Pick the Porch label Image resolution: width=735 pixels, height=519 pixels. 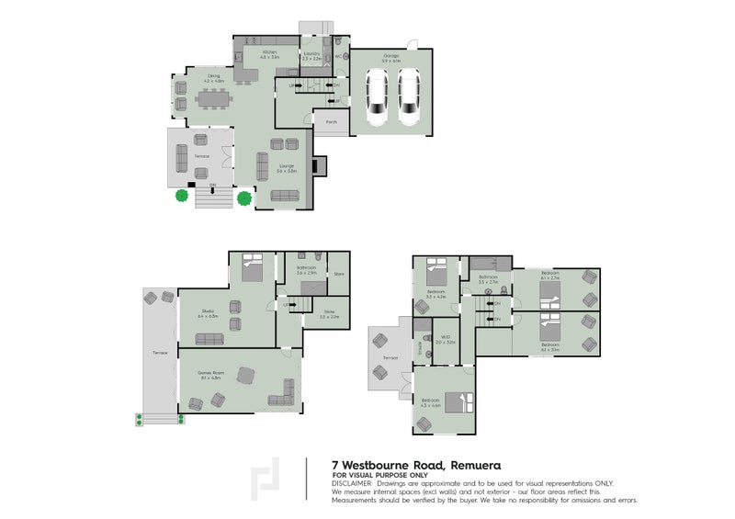click(x=331, y=121)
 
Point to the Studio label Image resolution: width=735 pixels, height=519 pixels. click(x=208, y=313)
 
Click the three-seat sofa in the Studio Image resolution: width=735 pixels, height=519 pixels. click(x=209, y=339)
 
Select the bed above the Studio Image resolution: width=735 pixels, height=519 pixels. click(x=252, y=268)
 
